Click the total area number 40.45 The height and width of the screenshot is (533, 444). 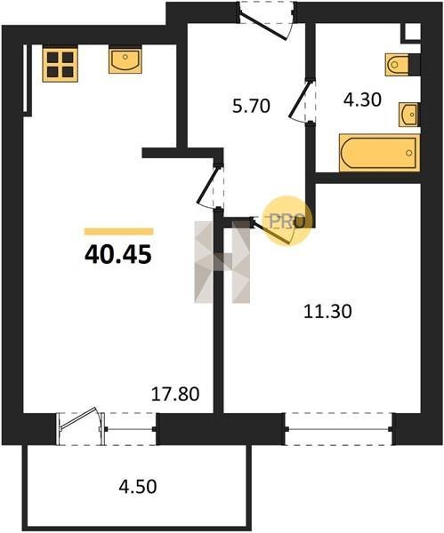point(117,255)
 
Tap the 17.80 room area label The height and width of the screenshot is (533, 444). point(175,394)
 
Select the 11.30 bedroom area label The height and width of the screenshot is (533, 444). point(327,312)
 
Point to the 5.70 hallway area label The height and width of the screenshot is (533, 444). point(251,106)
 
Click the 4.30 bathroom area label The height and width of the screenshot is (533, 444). point(362,99)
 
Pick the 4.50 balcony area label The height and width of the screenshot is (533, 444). point(138,486)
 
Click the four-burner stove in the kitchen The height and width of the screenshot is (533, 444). point(61,64)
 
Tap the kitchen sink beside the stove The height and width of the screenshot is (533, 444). point(125,60)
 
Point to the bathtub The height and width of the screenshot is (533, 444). point(379,153)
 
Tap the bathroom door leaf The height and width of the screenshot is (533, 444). point(299,99)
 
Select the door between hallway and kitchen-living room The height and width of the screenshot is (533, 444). point(207,186)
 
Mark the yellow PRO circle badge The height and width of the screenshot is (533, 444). point(289,220)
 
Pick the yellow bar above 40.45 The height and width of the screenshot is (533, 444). point(119,232)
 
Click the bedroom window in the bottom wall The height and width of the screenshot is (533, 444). point(339,429)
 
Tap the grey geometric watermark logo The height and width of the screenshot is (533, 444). point(222,262)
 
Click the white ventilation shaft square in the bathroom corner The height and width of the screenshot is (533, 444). point(413,31)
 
